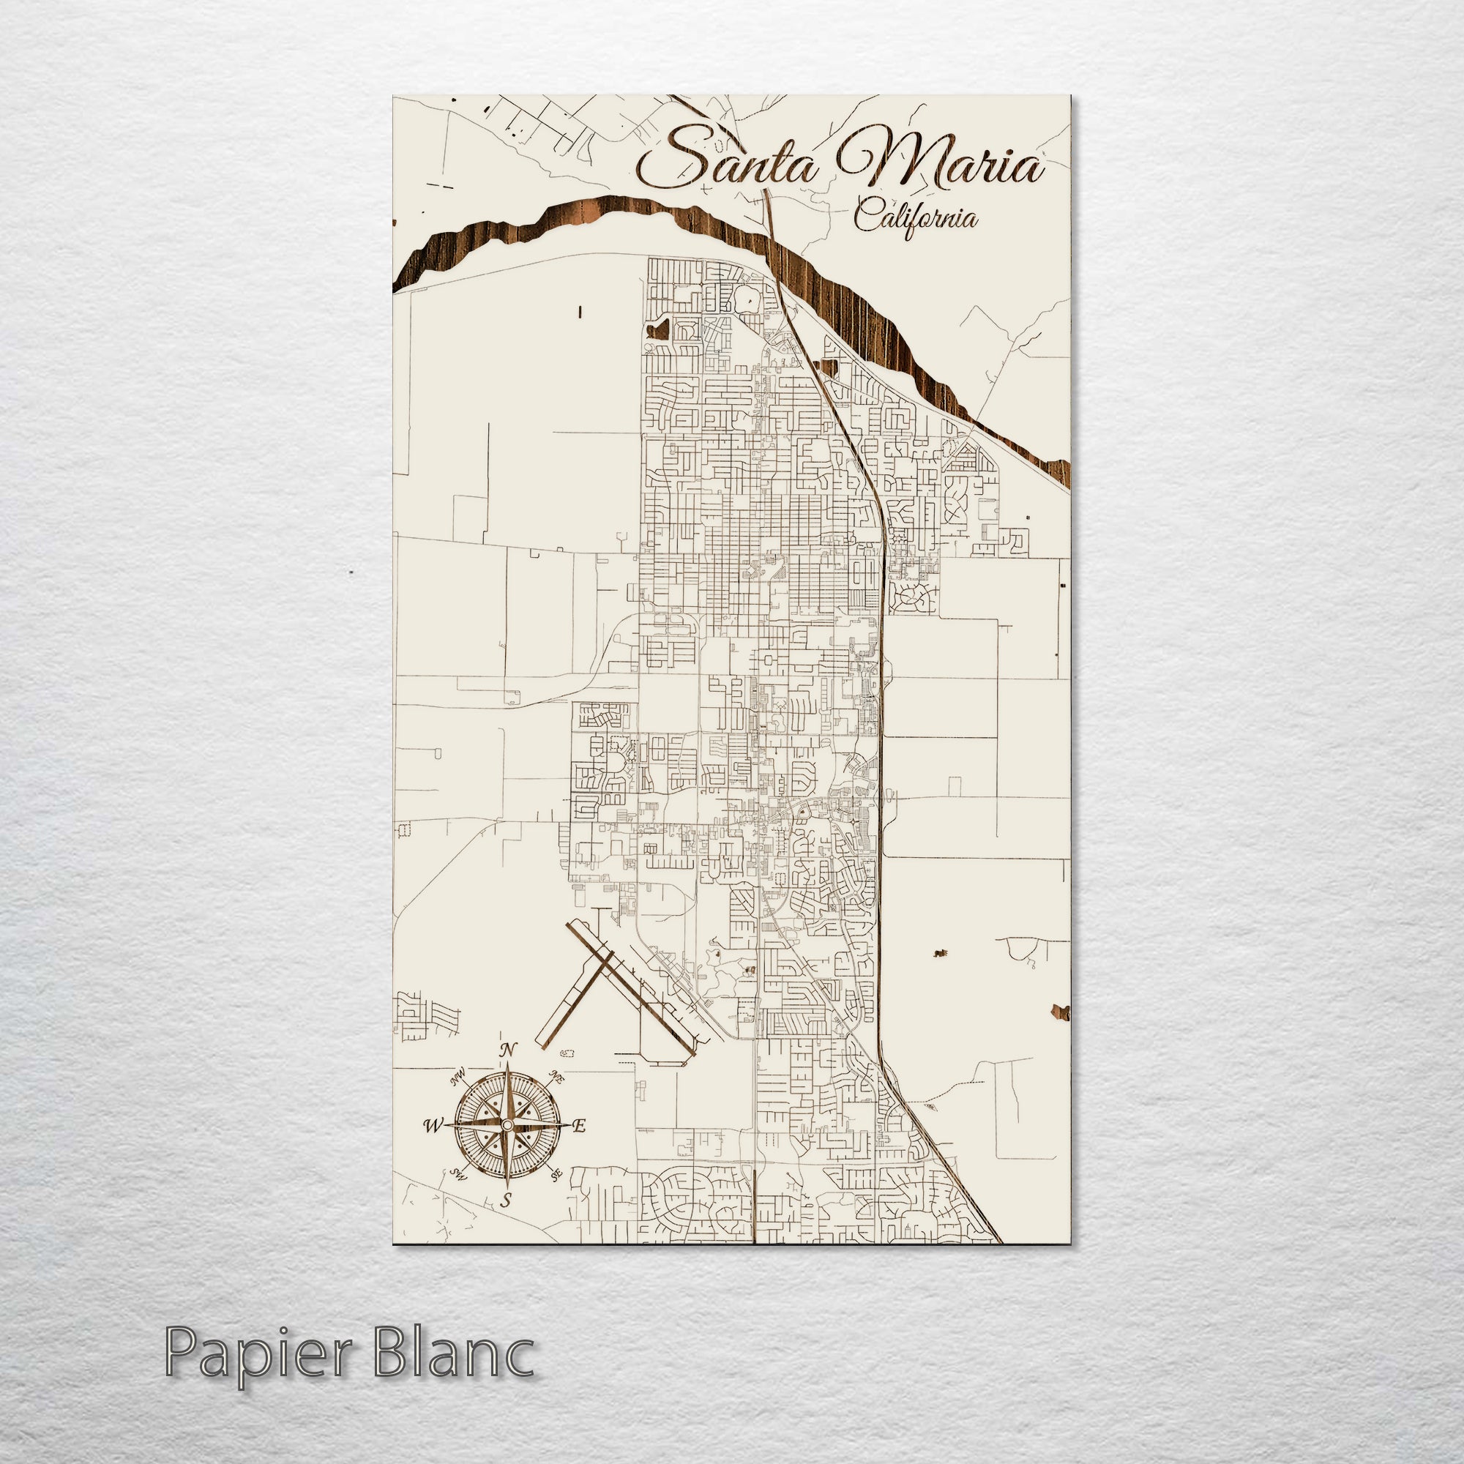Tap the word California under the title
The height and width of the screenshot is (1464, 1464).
tap(916, 218)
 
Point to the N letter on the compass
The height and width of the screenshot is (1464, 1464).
tap(508, 1050)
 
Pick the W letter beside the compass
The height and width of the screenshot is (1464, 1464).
tap(433, 1125)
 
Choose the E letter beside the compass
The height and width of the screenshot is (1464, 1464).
tap(580, 1125)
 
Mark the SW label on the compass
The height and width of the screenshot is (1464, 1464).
tap(457, 1175)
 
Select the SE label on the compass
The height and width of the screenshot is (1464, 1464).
tap(557, 1175)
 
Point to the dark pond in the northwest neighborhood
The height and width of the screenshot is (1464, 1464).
tap(658, 329)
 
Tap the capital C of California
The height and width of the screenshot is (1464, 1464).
tap(866, 217)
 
